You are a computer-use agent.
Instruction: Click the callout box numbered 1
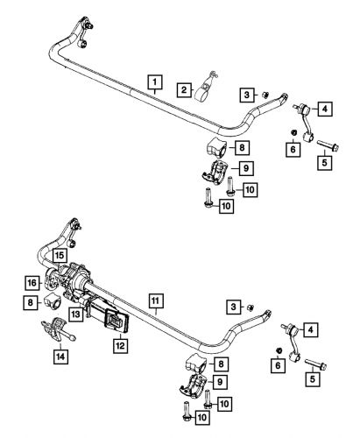click(x=153, y=84)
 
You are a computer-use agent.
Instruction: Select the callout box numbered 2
click(x=184, y=88)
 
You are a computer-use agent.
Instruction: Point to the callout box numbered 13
click(x=76, y=314)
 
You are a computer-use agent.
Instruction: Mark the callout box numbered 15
click(x=59, y=255)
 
